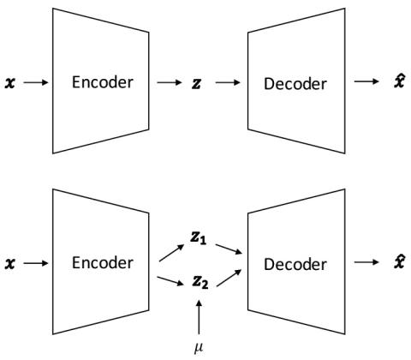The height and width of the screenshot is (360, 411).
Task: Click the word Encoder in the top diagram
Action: (103, 82)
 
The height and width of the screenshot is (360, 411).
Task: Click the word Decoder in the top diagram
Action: (295, 84)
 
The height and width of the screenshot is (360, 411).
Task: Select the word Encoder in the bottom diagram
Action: (103, 263)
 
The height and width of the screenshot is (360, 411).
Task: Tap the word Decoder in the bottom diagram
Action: (295, 265)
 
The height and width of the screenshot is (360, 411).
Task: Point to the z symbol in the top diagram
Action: (196, 83)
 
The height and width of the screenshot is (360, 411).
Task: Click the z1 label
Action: (199, 238)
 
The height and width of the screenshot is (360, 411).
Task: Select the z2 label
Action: (200, 283)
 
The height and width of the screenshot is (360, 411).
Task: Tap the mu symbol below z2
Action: (199, 348)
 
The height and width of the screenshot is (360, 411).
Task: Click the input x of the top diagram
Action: (9, 83)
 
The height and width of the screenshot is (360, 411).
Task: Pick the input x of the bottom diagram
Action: (9, 264)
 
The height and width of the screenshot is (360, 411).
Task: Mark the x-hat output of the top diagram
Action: (399, 81)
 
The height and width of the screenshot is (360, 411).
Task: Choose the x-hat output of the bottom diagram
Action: (399, 261)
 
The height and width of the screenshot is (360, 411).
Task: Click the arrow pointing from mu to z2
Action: (199, 316)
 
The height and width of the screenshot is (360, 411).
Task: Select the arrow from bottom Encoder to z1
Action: (171, 253)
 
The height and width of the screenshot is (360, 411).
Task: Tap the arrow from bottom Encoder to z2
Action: (170, 281)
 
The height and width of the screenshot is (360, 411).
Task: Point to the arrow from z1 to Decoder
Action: (229, 249)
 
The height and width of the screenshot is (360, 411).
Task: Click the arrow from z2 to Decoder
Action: (229, 278)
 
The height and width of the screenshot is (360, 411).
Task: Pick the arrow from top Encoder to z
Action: (170, 82)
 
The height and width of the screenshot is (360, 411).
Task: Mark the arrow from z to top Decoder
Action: (228, 82)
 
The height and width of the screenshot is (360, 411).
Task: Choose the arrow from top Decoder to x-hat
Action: (366, 81)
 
